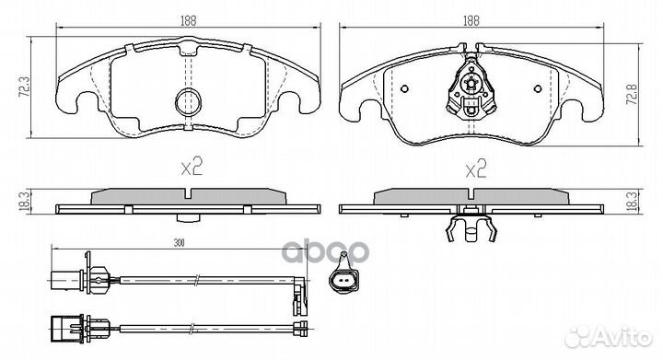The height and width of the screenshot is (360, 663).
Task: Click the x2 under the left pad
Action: tap(190, 168)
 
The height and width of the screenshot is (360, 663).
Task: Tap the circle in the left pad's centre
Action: tap(190, 102)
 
